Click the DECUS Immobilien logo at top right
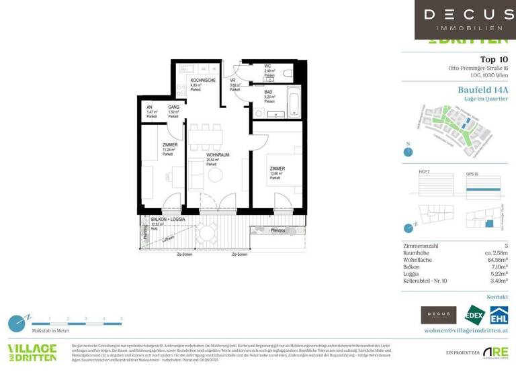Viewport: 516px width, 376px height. (x=464, y=19)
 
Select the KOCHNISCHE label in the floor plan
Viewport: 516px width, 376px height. (x=203, y=80)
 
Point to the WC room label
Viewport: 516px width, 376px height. (x=249, y=66)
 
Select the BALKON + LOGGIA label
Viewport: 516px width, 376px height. (x=168, y=220)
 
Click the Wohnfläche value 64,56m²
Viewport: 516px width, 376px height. (x=496, y=259)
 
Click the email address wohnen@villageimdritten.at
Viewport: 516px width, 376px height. (x=466, y=331)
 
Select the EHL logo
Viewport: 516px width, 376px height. (x=499, y=316)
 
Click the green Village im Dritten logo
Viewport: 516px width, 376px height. (x=32, y=351)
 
